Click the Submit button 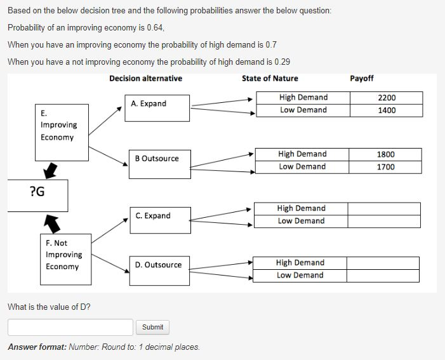click(152, 327)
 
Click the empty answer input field click(70, 327)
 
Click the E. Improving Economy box click(62, 131)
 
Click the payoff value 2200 click(386, 98)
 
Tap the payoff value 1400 click(386, 110)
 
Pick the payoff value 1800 click(385, 154)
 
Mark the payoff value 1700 click(385, 167)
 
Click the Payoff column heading click(361, 79)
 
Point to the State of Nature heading click(269, 79)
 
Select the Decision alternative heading click(145, 79)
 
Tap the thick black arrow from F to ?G click(51, 222)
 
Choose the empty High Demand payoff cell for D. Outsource click(383, 263)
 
